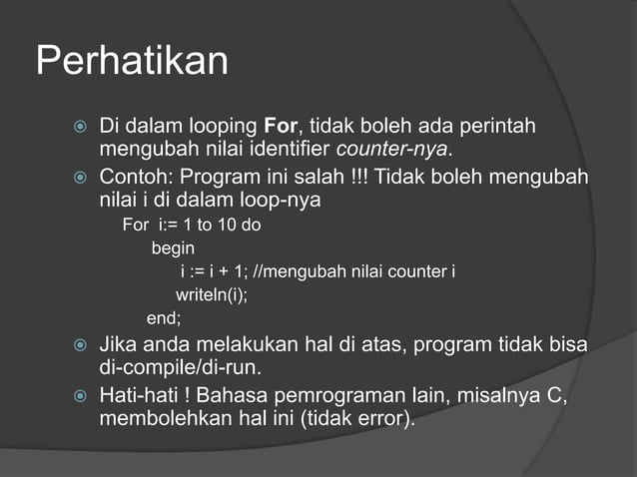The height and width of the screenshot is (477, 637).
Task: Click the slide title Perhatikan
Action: pyautogui.click(x=132, y=62)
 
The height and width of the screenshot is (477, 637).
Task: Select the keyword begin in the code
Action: pyautogui.click(x=173, y=247)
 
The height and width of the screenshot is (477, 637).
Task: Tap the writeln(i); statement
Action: pyautogui.click(x=211, y=295)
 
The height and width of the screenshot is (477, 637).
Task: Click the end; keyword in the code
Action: pyautogui.click(x=165, y=319)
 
